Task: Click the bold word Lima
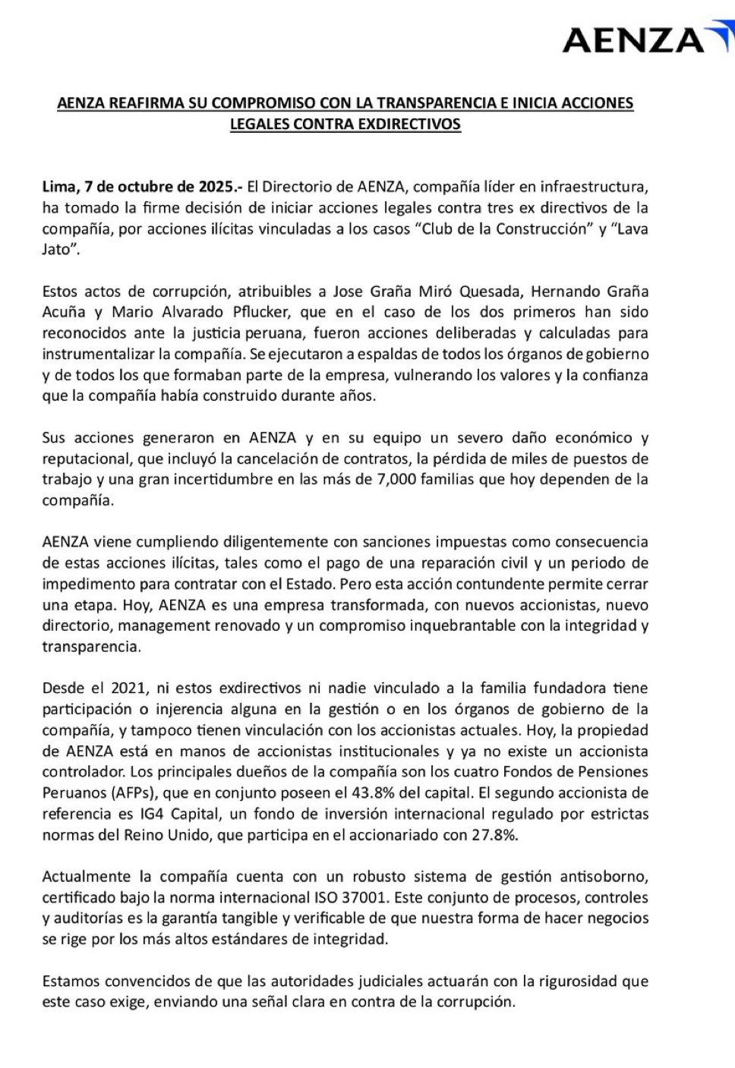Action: [x=58, y=187]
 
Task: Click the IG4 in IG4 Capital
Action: [x=147, y=814]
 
